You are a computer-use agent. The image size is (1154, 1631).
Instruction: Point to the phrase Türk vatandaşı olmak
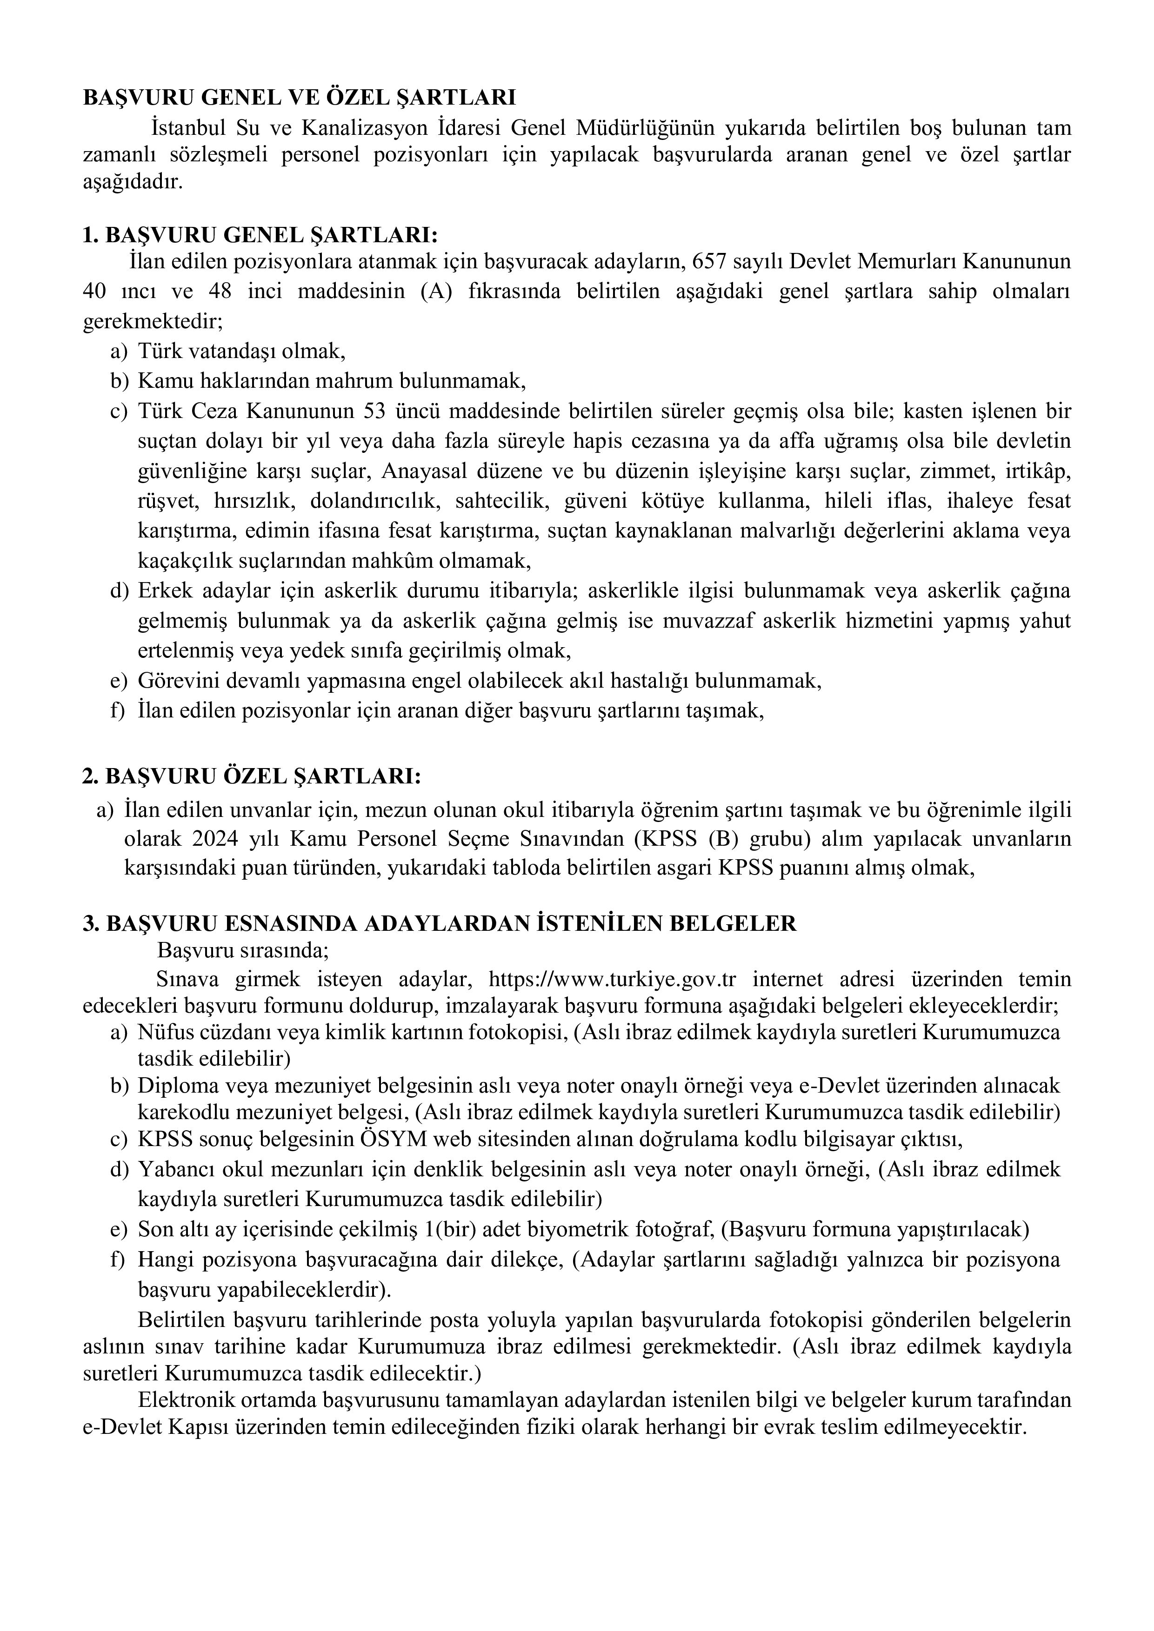pos(241,351)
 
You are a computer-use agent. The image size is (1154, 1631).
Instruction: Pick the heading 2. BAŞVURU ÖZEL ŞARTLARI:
pos(252,776)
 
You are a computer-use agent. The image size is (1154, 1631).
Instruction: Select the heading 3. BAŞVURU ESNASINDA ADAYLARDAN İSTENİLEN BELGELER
pos(440,923)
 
